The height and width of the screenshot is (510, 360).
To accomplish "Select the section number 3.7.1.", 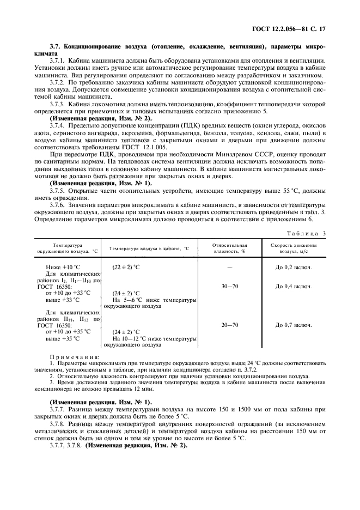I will [59, 60].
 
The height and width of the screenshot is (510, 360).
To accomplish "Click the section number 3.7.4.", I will [59, 126].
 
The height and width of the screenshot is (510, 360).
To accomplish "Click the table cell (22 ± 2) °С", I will [126, 267].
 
